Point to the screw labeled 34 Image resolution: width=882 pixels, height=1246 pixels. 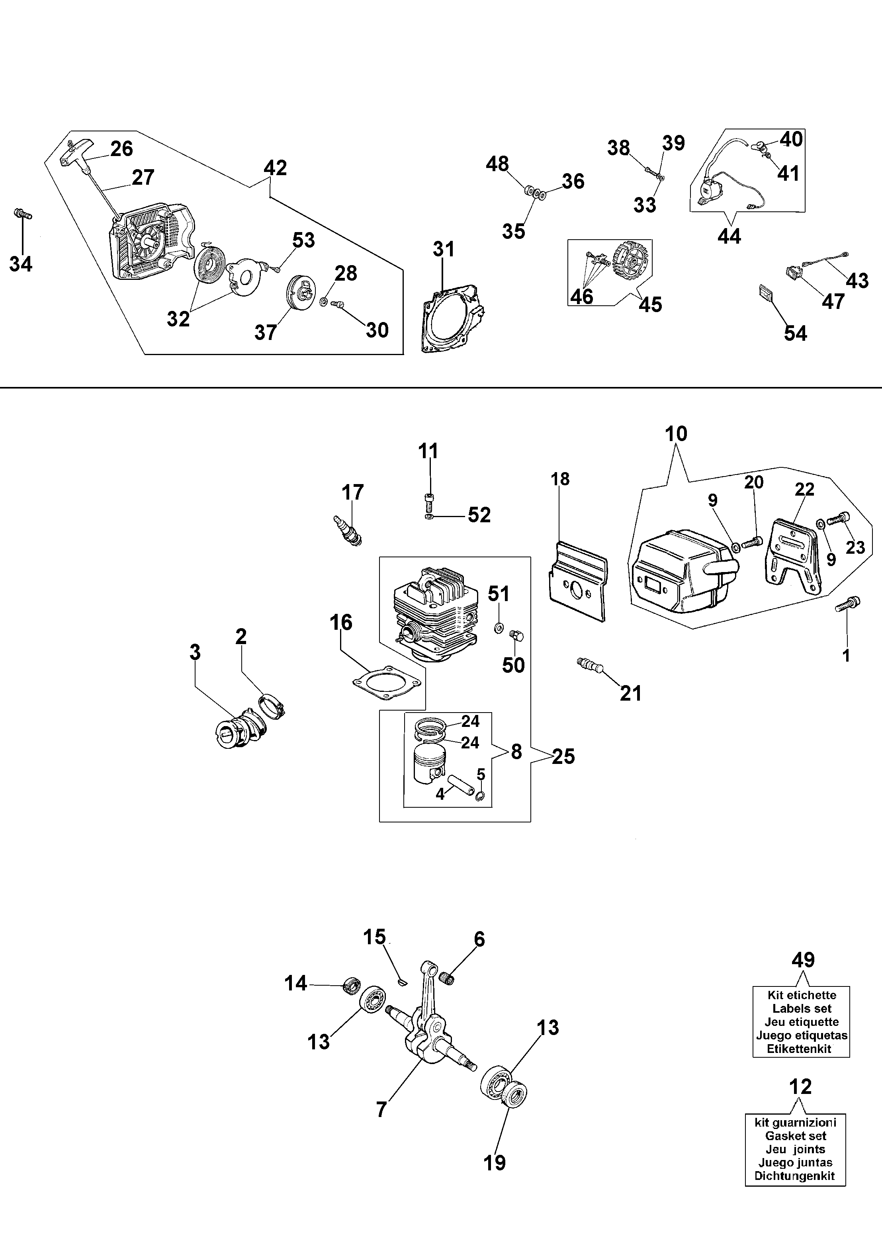click(x=22, y=213)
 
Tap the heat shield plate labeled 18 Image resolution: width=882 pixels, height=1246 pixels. click(x=579, y=581)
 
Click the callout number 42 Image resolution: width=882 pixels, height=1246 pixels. click(x=275, y=167)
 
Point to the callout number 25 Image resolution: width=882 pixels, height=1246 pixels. click(x=563, y=756)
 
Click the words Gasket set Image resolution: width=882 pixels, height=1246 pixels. click(x=796, y=1136)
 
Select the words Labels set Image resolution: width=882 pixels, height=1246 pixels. click(x=802, y=1009)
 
